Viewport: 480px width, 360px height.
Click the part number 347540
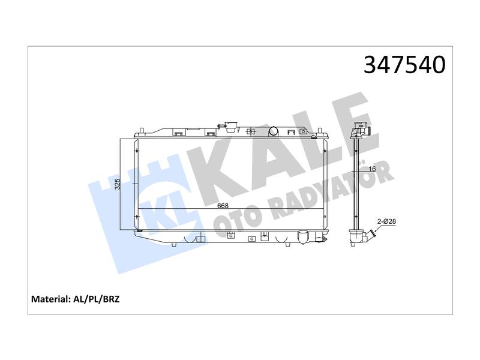[x=404, y=65]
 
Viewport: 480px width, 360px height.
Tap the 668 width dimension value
[x=223, y=206]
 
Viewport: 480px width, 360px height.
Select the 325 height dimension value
[x=118, y=184]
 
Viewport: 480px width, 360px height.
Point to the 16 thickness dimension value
[x=372, y=169]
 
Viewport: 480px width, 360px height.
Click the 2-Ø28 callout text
[x=386, y=221]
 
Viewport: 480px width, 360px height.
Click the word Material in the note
[x=51, y=299]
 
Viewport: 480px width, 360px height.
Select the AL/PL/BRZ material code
[x=97, y=299]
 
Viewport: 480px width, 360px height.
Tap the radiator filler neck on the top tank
[x=230, y=127]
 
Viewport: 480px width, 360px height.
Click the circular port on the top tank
[x=274, y=131]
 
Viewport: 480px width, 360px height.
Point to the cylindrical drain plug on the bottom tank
[x=303, y=237]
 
